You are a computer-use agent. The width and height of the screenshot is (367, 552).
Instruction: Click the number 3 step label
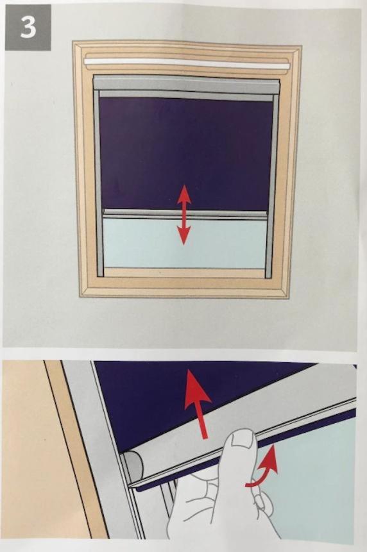coord(28,28)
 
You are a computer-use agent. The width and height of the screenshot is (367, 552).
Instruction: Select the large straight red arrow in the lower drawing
coord(198,403)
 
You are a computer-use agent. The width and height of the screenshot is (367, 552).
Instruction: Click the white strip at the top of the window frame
coord(187,63)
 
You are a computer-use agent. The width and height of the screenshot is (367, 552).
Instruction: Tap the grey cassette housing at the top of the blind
coord(187,83)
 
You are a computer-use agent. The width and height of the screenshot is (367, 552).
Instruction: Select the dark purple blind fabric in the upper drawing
coord(186,153)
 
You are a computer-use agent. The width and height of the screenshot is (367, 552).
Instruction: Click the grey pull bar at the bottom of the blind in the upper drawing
coord(185,214)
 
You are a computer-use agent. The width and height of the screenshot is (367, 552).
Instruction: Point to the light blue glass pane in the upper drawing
coord(185,244)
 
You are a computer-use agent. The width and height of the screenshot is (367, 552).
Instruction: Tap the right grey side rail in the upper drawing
coord(272,183)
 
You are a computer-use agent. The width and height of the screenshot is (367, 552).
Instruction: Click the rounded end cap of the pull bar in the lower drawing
coord(133,463)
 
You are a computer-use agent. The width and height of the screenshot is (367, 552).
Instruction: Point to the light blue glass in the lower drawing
coord(310,486)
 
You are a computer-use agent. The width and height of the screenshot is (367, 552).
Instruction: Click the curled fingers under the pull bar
coord(260,500)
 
